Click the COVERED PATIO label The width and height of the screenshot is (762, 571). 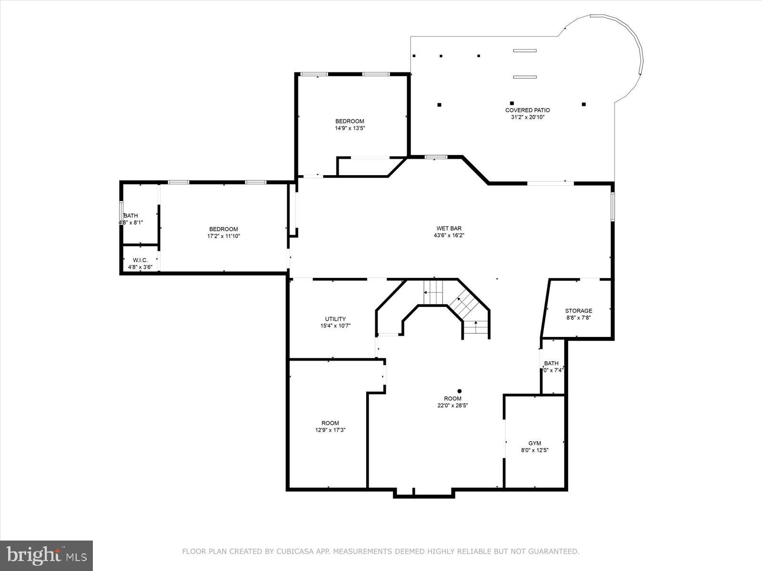(527, 110)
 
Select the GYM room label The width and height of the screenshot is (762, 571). (534, 443)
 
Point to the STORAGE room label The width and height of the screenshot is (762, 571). (578, 311)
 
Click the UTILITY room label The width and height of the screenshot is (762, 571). (335, 319)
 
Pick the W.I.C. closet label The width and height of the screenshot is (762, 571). (140, 260)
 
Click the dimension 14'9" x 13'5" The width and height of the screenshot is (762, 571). (350, 128)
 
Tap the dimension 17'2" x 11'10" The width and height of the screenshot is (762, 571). (223, 236)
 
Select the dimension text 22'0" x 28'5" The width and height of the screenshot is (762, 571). (452, 405)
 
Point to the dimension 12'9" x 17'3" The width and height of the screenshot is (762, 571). (330, 430)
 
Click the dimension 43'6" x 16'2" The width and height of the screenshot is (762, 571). (449, 235)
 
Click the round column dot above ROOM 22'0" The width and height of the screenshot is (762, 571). (459, 391)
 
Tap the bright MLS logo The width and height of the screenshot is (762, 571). (47, 555)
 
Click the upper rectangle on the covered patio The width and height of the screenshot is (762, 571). (524, 50)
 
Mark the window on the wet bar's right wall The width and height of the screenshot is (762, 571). (613, 206)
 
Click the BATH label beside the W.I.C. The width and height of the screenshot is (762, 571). (131, 216)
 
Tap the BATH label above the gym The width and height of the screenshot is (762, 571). (551, 363)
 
